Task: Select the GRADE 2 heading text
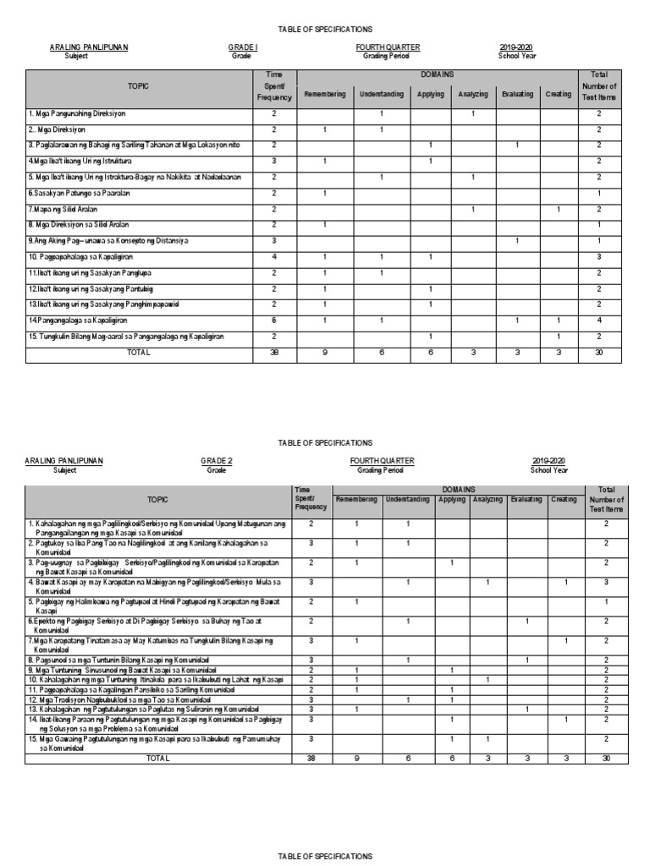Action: click(216, 461)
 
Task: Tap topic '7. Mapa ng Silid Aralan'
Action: click(63, 209)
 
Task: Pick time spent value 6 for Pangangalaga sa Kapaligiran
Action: click(273, 321)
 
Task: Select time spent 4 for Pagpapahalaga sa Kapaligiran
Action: click(273, 256)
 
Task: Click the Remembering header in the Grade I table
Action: click(325, 94)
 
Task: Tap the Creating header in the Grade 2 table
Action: click(564, 500)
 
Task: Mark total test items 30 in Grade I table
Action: click(598, 352)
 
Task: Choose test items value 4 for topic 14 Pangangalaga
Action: click(598, 321)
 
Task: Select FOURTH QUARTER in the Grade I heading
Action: click(388, 47)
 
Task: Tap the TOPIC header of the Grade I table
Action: click(138, 86)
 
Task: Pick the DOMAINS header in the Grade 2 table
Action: click(458, 489)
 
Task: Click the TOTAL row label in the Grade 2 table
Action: click(157, 759)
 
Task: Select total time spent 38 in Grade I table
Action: click(273, 352)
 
